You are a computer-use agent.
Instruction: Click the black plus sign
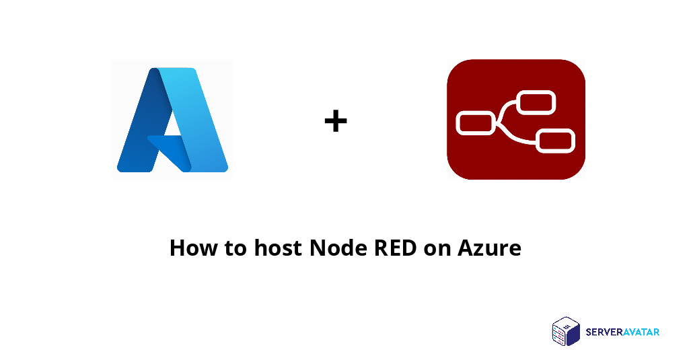point(336,122)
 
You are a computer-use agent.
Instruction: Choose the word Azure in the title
point(489,248)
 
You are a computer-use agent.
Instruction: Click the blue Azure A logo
point(172,120)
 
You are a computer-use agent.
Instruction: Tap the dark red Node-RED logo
point(515,119)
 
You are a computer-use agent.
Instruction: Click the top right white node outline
point(536,103)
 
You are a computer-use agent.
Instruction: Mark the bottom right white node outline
point(555,140)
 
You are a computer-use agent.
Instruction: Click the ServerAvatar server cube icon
point(566,332)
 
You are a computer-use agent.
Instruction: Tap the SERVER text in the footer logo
point(603,332)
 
